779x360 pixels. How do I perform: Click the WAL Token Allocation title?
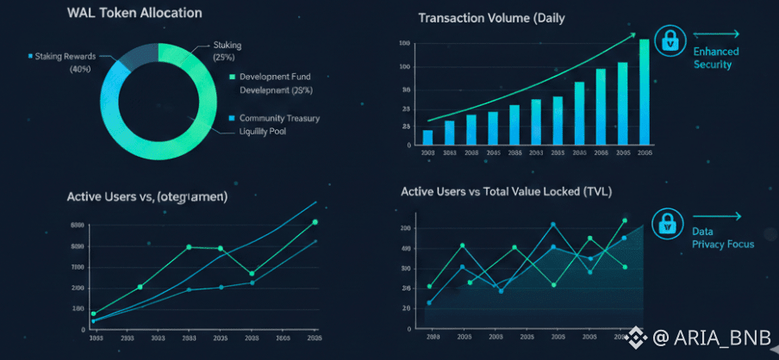(x=134, y=13)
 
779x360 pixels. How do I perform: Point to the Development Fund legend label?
(x=276, y=77)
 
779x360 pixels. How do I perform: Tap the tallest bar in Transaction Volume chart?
(x=645, y=90)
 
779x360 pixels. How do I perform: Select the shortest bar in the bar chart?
(x=428, y=136)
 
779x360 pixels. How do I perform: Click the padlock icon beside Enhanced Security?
(x=669, y=40)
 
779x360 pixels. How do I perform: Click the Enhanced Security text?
(x=716, y=58)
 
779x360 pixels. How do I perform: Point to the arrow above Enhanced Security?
(x=717, y=34)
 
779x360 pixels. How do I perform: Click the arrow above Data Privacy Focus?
(x=717, y=216)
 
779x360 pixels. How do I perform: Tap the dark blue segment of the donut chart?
(x=134, y=56)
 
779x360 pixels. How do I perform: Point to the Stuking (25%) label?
(x=226, y=51)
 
